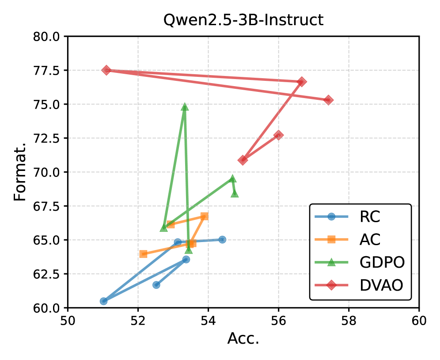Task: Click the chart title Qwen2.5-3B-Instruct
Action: tap(243, 20)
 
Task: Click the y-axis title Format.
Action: tap(20, 172)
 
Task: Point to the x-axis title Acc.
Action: tap(243, 338)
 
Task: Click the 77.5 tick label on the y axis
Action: tap(47, 70)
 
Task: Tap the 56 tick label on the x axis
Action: tap(279, 321)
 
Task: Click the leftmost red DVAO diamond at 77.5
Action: tap(106, 70)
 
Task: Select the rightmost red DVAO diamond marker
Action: tap(328, 100)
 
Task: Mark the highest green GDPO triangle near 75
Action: tap(185, 107)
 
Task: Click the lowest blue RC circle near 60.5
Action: tap(103, 301)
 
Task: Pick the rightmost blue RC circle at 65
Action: tap(222, 239)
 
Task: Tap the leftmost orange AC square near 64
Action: tap(143, 254)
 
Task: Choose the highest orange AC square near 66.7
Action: tap(205, 216)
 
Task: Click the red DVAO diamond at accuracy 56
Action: tap(278, 135)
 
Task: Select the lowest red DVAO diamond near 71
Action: tap(243, 160)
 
